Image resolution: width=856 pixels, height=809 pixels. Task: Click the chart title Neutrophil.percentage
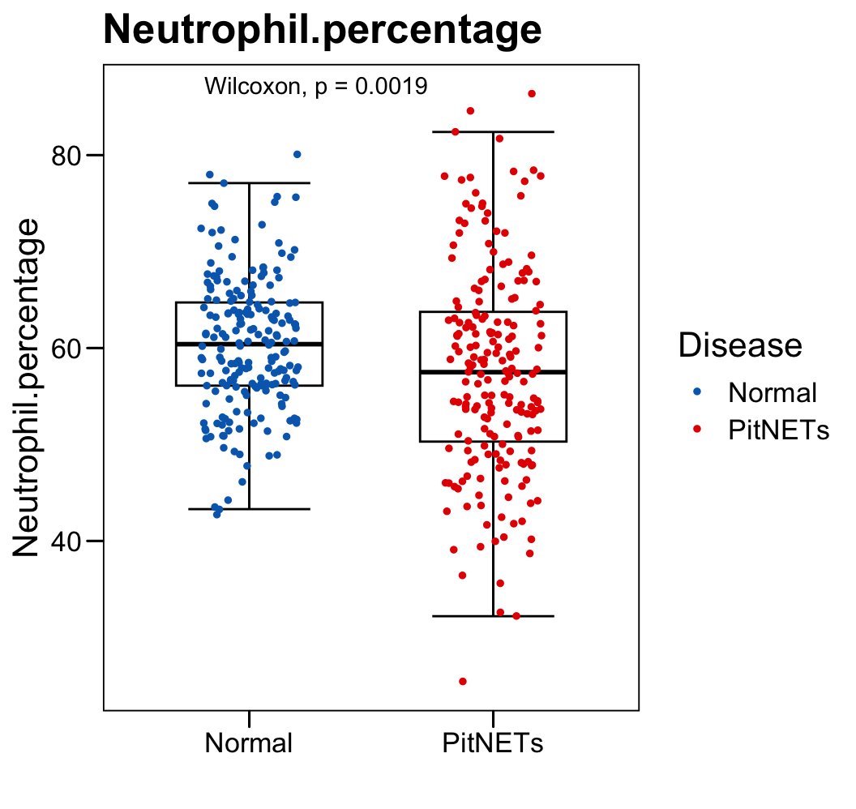tap(322, 31)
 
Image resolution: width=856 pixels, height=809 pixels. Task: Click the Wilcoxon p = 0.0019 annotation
tap(316, 86)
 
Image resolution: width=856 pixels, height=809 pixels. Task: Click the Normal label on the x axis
tap(248, 743)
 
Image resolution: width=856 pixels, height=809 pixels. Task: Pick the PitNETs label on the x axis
tap(493, 743)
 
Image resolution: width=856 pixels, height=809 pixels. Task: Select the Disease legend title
tap(740, 345)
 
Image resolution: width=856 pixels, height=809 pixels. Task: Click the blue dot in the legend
tap(696, 392)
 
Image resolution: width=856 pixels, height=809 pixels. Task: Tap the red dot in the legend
tap(696, 430)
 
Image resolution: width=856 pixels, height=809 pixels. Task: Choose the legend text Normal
tap(773, 392)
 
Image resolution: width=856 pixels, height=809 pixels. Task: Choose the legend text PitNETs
tap(779, 430)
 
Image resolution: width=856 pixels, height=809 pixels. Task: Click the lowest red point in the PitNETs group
tap(463, 682)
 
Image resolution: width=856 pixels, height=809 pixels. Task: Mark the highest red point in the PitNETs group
tap(532, 94)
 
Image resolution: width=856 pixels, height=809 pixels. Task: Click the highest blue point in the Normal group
tap(297, 154)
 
